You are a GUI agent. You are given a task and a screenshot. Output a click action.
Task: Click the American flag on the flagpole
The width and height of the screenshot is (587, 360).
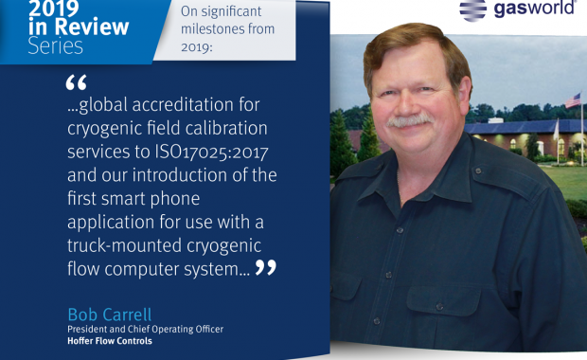[573, 100]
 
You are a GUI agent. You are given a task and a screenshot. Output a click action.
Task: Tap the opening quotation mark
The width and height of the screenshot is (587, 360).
[76, 82]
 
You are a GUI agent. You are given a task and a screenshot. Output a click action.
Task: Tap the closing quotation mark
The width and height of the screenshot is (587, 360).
[266, 267]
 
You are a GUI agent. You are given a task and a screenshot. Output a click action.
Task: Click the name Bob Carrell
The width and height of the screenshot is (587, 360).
[110, 315]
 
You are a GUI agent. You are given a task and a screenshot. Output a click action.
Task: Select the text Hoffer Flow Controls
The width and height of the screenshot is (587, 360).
[110, 341]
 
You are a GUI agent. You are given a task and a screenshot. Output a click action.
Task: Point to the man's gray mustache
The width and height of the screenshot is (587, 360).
[410, 120]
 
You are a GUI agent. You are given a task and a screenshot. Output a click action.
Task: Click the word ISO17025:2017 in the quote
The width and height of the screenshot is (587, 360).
[211, 153]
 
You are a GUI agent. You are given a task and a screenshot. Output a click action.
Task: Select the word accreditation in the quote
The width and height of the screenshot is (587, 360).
[183, 104]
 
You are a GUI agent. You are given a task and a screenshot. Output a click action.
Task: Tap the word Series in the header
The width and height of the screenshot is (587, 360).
[56, 46]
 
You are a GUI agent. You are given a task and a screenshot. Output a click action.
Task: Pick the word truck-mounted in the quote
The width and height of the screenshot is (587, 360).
[124, 245]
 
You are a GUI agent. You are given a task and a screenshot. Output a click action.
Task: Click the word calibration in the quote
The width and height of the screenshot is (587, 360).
[226, 128]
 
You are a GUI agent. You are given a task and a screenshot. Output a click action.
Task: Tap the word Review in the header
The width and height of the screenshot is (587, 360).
[92, 27]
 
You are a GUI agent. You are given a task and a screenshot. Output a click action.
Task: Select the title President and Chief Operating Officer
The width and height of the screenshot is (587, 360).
[145, 330]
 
